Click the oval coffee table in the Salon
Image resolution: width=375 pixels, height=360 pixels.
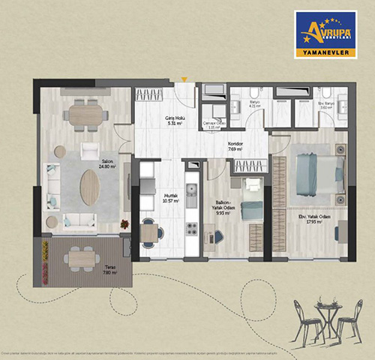tap(89, 187)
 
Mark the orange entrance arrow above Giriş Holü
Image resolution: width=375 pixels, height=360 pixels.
tap(184, 79)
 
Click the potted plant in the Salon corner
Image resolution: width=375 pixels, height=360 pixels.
tap(124, 222)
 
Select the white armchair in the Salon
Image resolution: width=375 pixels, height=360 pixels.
tap(90, 151)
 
